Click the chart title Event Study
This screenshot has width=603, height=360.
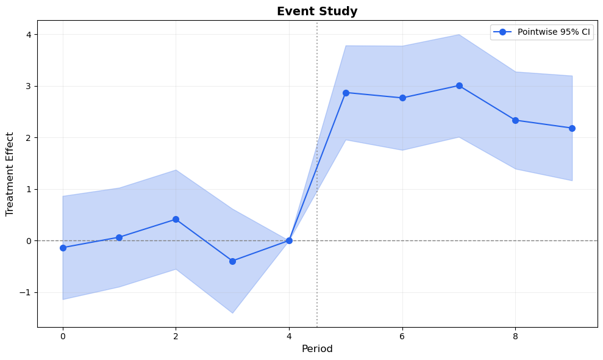click(x=316, y=11)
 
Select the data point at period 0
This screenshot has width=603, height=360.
click(x=63, y=248)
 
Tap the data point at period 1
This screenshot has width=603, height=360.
click(x=120, y=237)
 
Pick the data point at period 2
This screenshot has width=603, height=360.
click(x=176, y=219)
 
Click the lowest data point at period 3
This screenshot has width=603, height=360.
click(x=232, y=261)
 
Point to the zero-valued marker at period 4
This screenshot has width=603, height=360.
click(x=289, y=240)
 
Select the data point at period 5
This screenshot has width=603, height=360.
click(x=346, y=93)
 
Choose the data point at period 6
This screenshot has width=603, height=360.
click(x=402, y=98)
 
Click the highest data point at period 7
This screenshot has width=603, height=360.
click(x=459, y=85)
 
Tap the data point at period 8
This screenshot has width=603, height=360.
click(x=515, y=120)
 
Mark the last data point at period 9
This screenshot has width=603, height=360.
click(x=572, y=128)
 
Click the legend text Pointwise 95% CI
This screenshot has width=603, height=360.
click(x=554, y=32)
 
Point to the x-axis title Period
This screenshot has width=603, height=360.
click(x=316, y=349)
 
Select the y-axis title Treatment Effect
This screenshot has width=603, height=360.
click(x=10, y=174)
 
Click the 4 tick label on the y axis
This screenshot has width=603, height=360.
click(x=28, y=34)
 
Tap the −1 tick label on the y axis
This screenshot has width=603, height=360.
click(x=25, y=292)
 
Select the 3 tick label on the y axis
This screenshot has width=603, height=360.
click(x=28, y=86)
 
